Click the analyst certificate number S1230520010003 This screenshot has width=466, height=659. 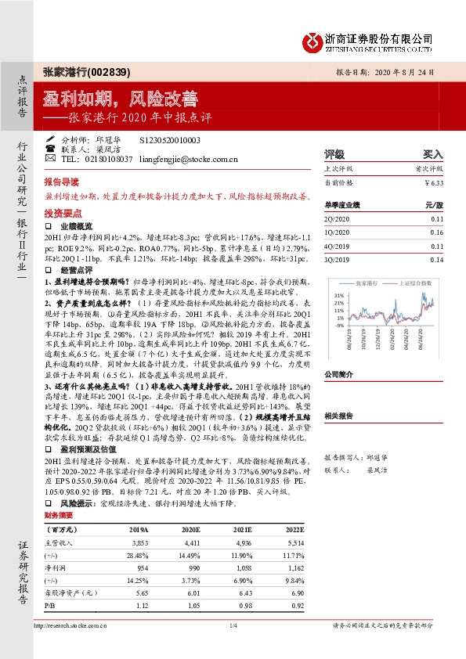(170, 139)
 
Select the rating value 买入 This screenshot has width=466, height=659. (433, 154)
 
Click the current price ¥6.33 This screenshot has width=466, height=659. (433, 182)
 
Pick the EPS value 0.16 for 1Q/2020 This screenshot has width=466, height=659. (436, 233)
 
